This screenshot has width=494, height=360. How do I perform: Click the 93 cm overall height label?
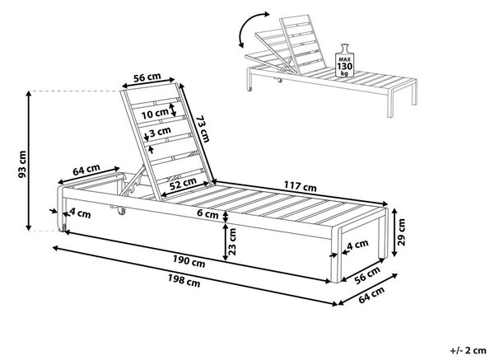22,164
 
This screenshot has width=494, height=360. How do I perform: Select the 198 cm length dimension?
184,280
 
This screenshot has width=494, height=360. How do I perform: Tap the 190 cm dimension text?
189,260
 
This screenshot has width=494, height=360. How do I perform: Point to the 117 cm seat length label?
301,186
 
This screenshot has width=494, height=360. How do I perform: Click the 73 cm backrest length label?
203,129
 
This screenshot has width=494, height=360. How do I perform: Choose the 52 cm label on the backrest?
183,183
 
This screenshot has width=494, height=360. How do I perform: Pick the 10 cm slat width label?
155,114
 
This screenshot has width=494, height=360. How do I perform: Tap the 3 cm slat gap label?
160,132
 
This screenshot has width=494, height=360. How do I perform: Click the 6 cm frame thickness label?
207,213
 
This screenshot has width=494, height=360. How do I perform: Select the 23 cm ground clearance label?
232,241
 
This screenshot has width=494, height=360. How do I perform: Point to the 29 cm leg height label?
402,232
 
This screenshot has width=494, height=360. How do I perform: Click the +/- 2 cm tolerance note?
468,350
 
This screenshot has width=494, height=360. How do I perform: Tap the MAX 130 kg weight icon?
345,61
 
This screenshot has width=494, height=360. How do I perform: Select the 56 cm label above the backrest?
147,77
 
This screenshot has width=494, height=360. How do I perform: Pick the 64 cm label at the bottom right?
372,295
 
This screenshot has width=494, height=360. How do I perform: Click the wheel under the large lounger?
120,211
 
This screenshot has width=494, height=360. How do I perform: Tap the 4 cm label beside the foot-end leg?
357,245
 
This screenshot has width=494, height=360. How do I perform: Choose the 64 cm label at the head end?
86,170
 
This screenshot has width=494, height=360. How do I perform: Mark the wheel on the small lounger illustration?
279,81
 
